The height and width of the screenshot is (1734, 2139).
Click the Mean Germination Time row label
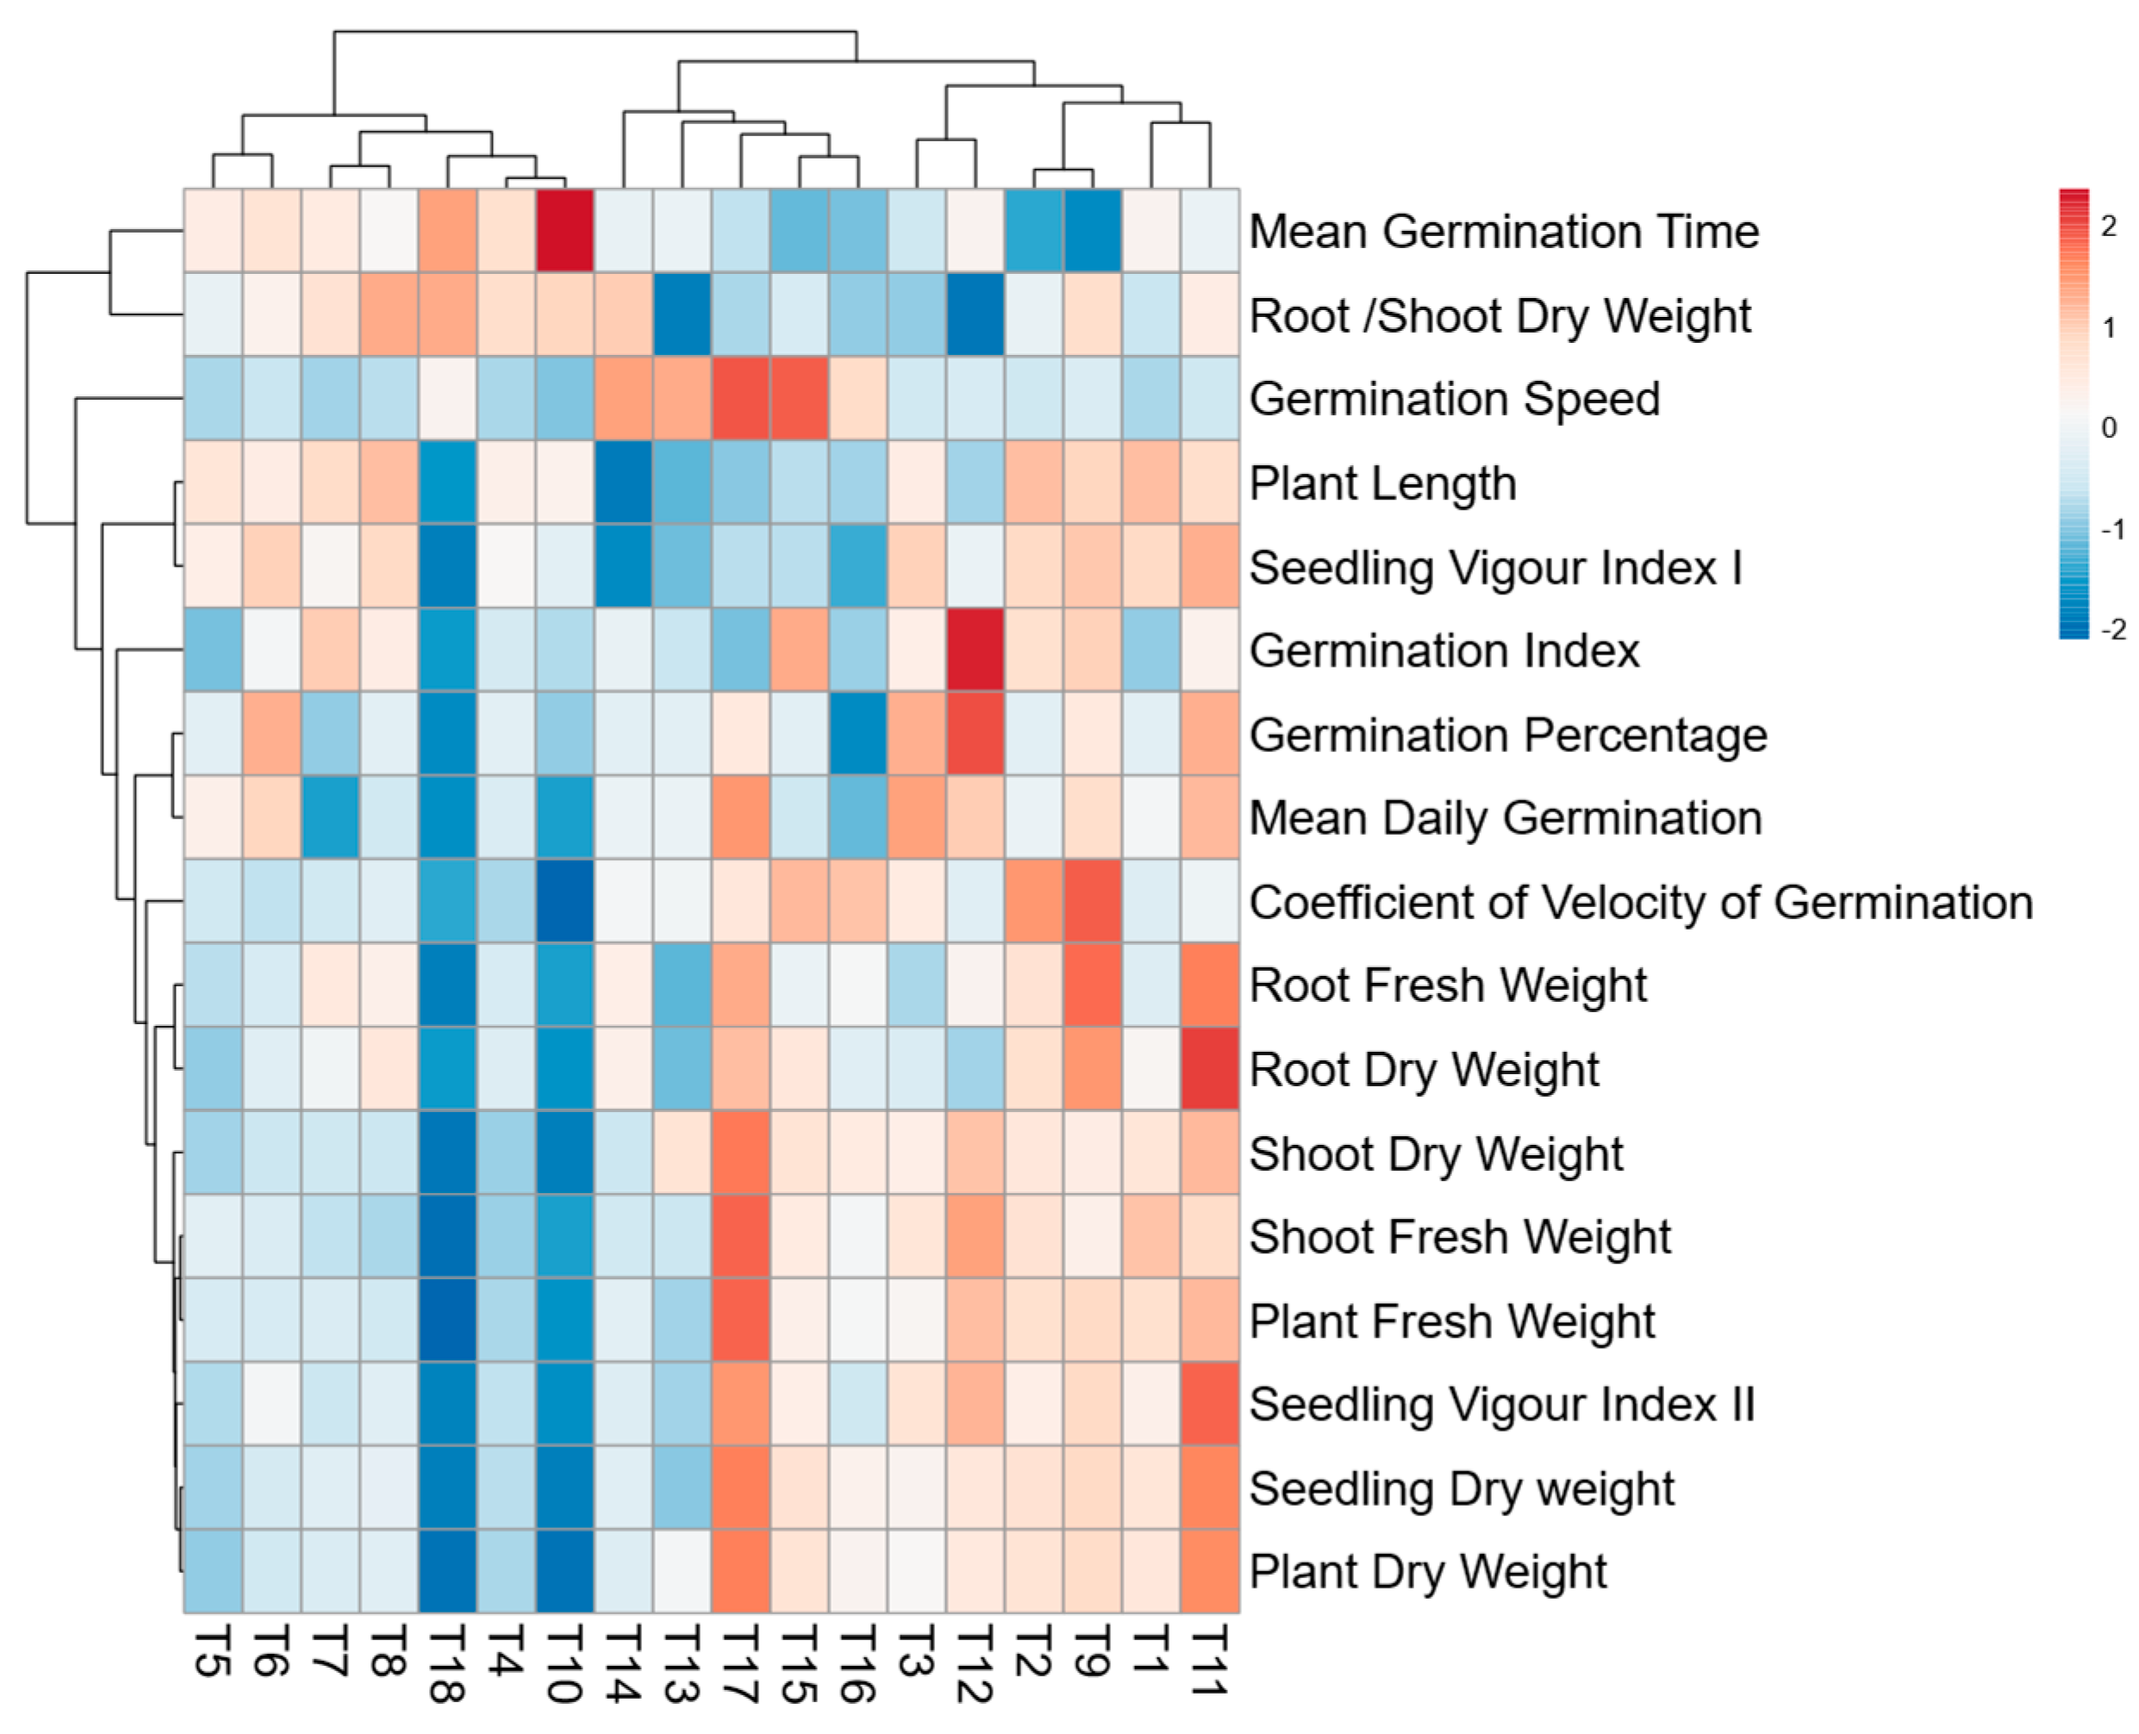[x=1504, y=232]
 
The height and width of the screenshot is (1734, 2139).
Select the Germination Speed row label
[x=1455, y=400]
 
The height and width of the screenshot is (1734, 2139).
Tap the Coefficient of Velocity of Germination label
[x=1642, y=903]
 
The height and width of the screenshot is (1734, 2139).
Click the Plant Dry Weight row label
[x=1428, y=1572]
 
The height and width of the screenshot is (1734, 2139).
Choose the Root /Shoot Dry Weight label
[x=1500, y=315]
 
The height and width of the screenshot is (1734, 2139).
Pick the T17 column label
[x=740, y=1663]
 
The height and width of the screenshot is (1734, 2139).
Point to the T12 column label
[x=975, y=1663]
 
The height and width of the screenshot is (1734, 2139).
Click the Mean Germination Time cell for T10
[x=564, y=231]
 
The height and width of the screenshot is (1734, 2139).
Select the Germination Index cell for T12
[x=975, y=649]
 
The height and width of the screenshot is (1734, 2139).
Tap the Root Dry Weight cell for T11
[x=1210, y=1069]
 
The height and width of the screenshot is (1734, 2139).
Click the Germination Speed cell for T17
[x=740, y=399]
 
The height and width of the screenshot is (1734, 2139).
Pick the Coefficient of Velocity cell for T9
[x=1093, y=901]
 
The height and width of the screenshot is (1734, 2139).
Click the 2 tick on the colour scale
[x=2108, y=227]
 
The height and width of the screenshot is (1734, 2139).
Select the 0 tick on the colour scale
[x=2108, y=427]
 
